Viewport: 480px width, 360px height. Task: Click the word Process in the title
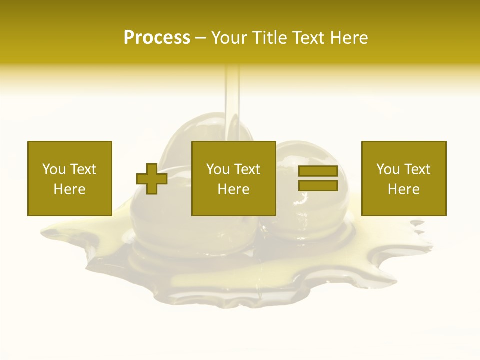[157, 38]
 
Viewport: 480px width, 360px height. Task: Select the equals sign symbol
[318, 178]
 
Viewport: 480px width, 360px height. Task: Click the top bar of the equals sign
[318, 171]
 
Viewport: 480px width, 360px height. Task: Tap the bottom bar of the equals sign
[318, 185]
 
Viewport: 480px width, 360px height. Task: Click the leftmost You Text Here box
[69, 178]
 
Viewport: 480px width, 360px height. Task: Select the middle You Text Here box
[233, 178]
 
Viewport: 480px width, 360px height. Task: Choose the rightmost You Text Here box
[403, 178]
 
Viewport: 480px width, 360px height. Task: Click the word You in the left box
[54, 169]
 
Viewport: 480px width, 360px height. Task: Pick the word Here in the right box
[403, 189]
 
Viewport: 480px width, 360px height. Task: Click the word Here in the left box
[69, 189]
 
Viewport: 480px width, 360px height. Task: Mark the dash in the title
[200, 38]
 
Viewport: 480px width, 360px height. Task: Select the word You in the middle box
[218, 169]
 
